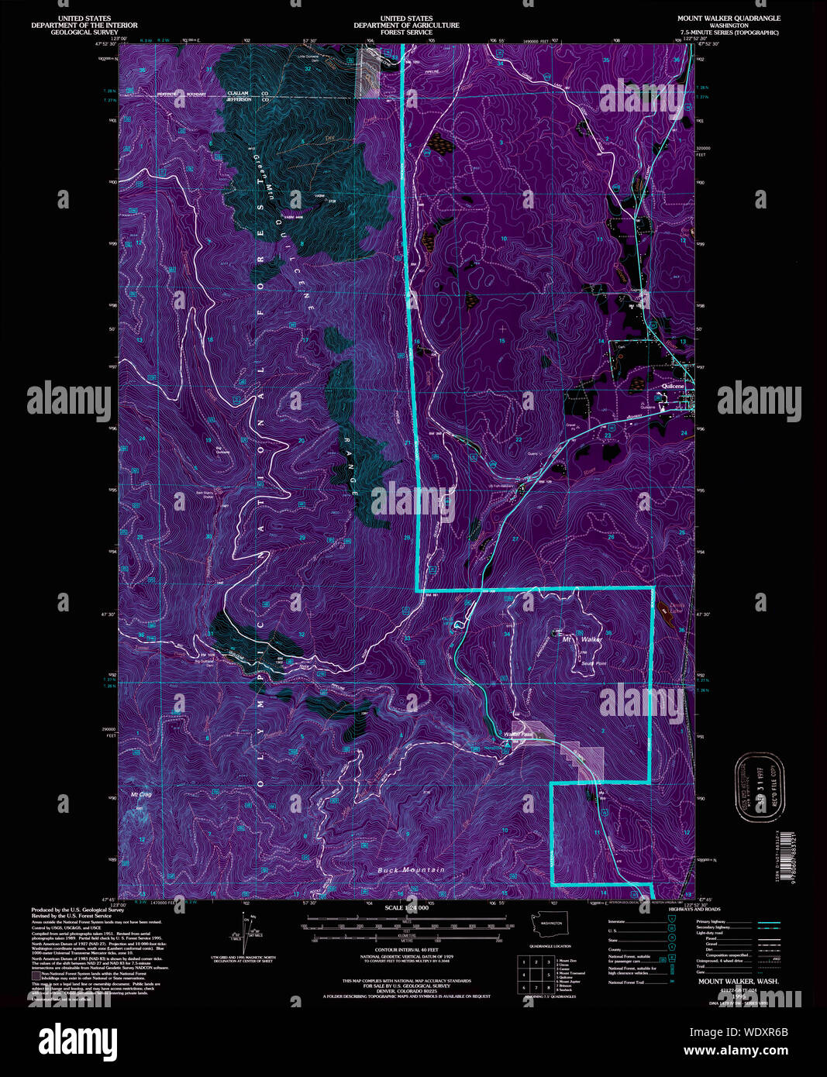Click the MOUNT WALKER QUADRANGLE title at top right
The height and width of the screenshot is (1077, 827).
pos(729,18)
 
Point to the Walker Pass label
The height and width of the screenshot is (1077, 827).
pos(518,734)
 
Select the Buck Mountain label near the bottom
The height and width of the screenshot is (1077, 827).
pos(412,870)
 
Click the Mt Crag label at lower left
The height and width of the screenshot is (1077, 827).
pos(141,794)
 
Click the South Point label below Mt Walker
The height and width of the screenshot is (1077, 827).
pos(593,663)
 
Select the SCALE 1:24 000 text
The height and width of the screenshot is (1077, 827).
pos(405,907)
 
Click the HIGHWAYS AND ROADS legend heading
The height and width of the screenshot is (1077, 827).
pos(693,909)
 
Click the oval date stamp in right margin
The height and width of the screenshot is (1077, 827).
pos(760,786)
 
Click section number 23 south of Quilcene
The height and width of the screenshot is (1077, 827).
pos(608,435)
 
